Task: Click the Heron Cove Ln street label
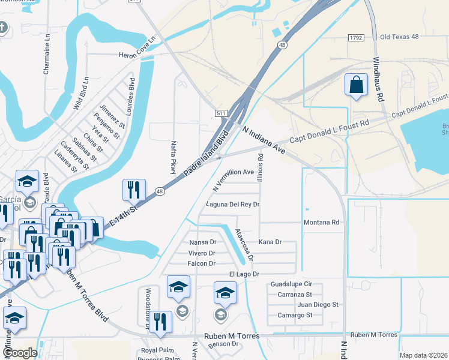(x=137, y=47)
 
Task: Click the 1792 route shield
(x=356, y=37)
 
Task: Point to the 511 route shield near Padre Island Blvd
(x=221, y=113)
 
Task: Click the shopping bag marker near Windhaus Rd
(x=357, y=85)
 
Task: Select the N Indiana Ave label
(x=264, y=141)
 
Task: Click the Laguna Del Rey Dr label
(x=232, y=205)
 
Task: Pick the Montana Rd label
(x=322, y=223)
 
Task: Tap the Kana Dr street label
(x=270, y=242)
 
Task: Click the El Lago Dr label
(x=244, y=274)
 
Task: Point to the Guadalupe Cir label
(x=292, y=284)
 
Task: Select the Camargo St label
(x=295, y=315)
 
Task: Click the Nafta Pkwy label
(x=173, y=158)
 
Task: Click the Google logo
(x=20, y=353)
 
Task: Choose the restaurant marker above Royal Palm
(x=161, y=322)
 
